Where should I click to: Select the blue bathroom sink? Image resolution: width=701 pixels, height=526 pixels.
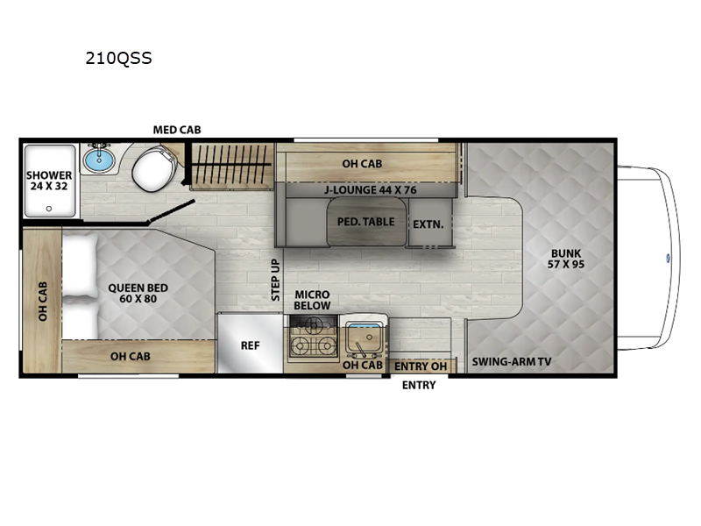99,160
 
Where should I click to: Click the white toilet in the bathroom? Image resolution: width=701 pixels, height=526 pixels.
153,169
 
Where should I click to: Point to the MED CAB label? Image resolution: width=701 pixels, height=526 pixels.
177,130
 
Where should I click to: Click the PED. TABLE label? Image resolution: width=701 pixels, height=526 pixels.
365,222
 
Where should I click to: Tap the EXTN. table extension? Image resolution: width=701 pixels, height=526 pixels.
428,224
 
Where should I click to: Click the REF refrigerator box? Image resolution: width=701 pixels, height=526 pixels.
251,345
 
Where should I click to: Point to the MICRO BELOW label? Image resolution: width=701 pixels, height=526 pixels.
312,300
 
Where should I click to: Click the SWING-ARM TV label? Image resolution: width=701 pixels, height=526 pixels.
512,361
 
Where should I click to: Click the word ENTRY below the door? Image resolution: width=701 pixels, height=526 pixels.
419,386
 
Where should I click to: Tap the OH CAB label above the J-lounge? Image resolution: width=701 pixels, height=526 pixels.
361,163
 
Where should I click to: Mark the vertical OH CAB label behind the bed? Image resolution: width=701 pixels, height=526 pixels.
42,301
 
